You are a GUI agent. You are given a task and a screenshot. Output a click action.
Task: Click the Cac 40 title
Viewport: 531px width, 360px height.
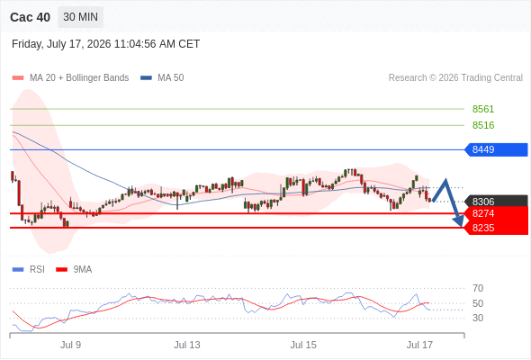[x=30, y=17]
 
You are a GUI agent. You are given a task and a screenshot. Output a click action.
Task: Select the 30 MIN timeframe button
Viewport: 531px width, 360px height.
[x=81, y=17]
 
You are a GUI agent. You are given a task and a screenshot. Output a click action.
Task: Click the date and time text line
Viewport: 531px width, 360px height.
[x=105, y=44]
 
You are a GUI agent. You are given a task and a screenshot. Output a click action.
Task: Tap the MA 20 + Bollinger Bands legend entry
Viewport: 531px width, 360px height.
[x=70, y=78]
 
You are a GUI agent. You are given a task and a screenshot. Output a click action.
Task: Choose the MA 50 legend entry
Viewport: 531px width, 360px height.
[x=162, y=78]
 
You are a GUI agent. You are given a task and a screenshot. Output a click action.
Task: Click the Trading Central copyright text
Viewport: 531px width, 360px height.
[x=455, y=78]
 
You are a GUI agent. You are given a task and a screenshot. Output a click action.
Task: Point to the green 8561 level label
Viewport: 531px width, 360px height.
[x=483, y=109]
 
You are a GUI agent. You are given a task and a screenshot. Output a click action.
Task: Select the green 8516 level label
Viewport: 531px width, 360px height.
[x=483, y=125]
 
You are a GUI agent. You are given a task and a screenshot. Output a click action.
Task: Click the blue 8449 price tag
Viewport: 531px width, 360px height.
[x=496, y=149]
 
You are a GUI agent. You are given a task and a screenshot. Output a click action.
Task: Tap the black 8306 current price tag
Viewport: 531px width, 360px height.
[x=496, y=202]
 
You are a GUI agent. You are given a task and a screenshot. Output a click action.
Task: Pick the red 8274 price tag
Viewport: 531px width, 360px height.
[x=496, y=213]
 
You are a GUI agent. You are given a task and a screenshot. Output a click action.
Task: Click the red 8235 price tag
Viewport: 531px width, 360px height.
[x=496, y=228]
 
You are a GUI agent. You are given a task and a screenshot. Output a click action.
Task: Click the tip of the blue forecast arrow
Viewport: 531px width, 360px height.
[x=461, y=226]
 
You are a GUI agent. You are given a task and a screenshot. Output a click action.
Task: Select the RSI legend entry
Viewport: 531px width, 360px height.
[x=29, y=270]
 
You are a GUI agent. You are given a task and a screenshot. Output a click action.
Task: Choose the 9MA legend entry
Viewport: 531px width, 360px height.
[x=74, y=270]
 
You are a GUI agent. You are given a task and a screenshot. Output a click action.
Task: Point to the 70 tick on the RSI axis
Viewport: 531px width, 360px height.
[x=478, y=289]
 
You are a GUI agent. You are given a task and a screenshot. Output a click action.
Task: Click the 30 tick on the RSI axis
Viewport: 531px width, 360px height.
[x=478, y=318]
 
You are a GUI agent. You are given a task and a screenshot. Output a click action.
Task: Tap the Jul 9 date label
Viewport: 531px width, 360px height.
[x=70, y=345]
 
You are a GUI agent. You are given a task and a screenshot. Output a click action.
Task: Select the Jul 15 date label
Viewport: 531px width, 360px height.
[x=303, y=345]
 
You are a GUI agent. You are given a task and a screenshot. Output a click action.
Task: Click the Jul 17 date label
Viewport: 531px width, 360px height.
[x=419, y=345]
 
